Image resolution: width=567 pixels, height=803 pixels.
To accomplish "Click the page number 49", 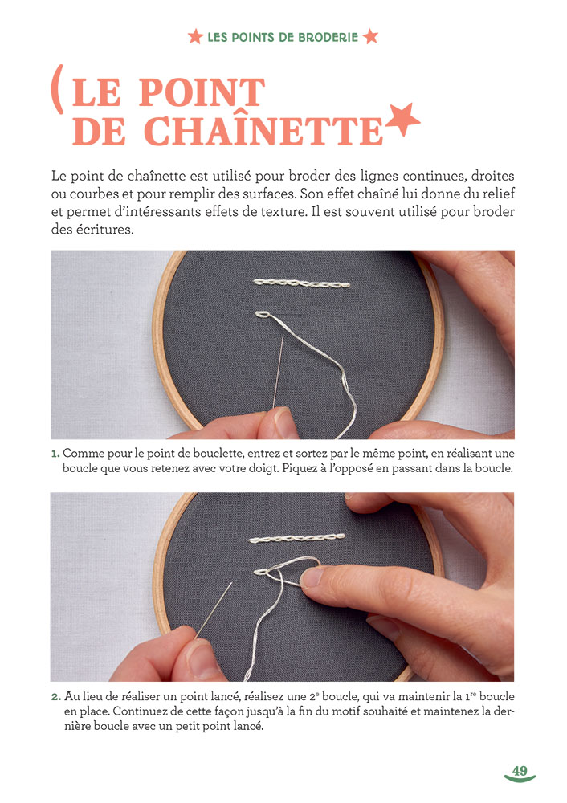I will pos(520,771).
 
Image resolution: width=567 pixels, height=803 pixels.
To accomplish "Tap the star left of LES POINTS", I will pos(194,37).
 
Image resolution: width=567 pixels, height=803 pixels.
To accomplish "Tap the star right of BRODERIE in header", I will pos(370,37).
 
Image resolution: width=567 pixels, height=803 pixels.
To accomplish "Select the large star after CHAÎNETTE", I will pos(403,120).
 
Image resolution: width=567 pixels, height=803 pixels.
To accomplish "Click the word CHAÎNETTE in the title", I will pos(226,131).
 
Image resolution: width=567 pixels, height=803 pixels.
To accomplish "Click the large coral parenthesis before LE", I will pos(57,89).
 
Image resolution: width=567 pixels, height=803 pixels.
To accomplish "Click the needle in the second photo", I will pos(216,610).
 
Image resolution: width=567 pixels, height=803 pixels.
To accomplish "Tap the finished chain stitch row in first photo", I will pos(301,283).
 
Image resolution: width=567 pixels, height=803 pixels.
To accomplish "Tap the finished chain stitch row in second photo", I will pos(297,537).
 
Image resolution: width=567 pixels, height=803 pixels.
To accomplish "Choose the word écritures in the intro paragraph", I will pos(103,228).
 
